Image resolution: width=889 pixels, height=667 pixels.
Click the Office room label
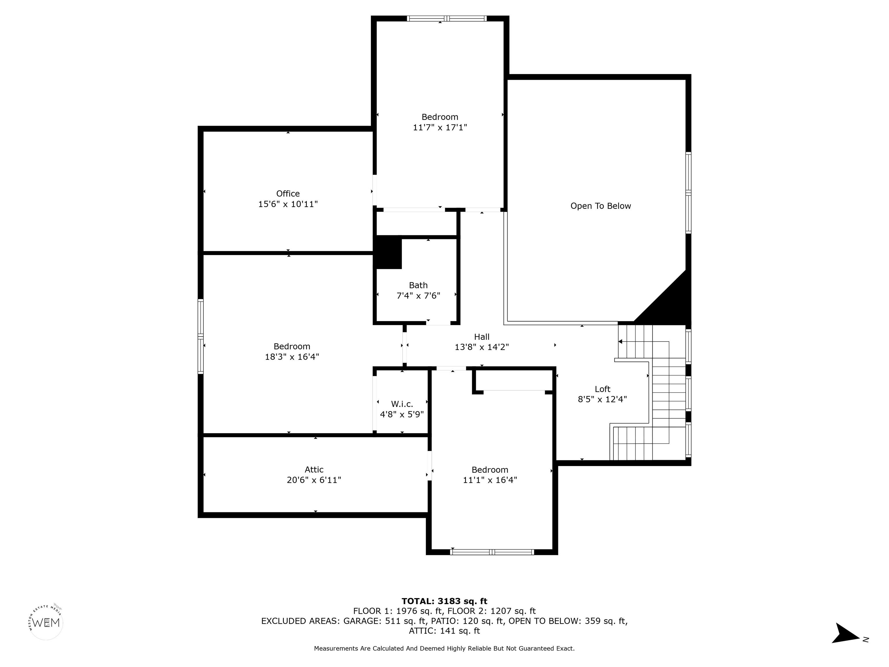coord(288,193)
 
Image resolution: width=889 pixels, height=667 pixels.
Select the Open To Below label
coord(600,206)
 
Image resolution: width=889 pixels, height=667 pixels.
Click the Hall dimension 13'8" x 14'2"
coord(482,347)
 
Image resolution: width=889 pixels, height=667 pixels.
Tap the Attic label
coord(314,470)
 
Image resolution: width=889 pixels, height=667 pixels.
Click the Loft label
coord(603,389)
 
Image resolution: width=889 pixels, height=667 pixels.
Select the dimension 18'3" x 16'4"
coord(292,357)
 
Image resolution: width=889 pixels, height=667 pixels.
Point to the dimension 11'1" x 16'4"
coord(490,480)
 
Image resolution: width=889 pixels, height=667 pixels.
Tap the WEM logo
coord(46,622)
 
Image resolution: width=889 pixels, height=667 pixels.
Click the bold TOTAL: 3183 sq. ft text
coord(444,601)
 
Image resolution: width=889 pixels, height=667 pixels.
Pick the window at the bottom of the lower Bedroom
coord(492,552)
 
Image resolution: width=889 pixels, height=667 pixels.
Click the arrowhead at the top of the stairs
coord(620,342)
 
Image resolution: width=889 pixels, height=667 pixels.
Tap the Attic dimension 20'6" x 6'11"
coord(314,480)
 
